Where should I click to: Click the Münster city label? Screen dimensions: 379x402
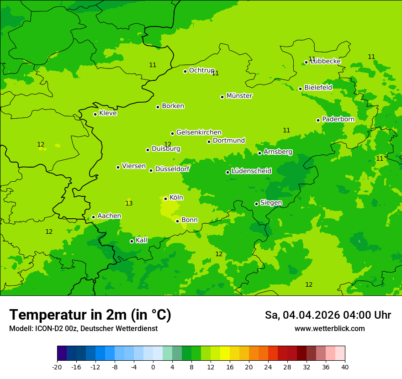click(x=239, y=96)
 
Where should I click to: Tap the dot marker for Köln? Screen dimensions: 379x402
click(x=165, y=199)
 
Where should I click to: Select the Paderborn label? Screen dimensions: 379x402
click(x=339, y=119)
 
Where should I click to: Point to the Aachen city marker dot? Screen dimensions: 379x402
click(x=93, y=217)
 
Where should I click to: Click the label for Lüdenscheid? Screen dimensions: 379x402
click(x=251, y=171)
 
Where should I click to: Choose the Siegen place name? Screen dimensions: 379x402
click(x=271, y=203)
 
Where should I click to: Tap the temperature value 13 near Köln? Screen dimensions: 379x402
click(x=129, y=203)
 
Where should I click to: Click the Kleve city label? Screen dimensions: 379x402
click(x=108, y=113)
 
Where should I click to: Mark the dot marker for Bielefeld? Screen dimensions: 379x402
click(x=300, y=89)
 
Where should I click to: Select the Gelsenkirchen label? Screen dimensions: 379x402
click(x=199, y=132)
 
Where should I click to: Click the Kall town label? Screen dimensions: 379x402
click(x=142, y=240)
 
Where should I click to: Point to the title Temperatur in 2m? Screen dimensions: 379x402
click(x=90, y=315)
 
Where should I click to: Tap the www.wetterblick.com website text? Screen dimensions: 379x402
click(x=329, y=329)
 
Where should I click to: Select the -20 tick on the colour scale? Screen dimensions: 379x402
click(x=57, y=367)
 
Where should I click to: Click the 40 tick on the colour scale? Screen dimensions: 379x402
click(x=345, y=367)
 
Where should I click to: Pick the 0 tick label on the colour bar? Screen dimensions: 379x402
click(x=153, y=367)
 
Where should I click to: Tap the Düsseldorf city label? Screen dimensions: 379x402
click(x=172, y=169)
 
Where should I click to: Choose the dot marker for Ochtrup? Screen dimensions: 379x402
click(x=185, y=71)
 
